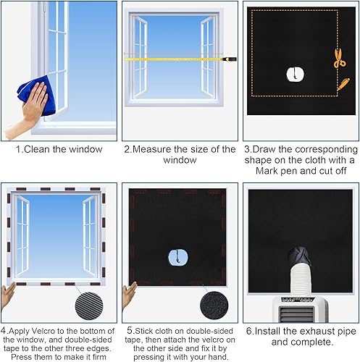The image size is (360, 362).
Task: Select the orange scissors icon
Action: [x=339, y=58]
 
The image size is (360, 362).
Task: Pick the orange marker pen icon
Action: [x=343, y=84]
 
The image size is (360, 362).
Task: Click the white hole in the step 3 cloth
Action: [x=295, y=75]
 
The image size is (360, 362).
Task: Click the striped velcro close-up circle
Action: [x=89, y=306]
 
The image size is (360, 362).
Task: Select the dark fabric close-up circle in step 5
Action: [x=214, y=306]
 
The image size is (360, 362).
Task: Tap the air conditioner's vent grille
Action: [x=297, y=313]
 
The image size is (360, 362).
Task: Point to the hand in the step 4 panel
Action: [x=8, y=295]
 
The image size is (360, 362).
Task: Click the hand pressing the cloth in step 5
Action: [x=129, y=295]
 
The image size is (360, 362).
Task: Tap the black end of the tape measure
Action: [x=231, y=59]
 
